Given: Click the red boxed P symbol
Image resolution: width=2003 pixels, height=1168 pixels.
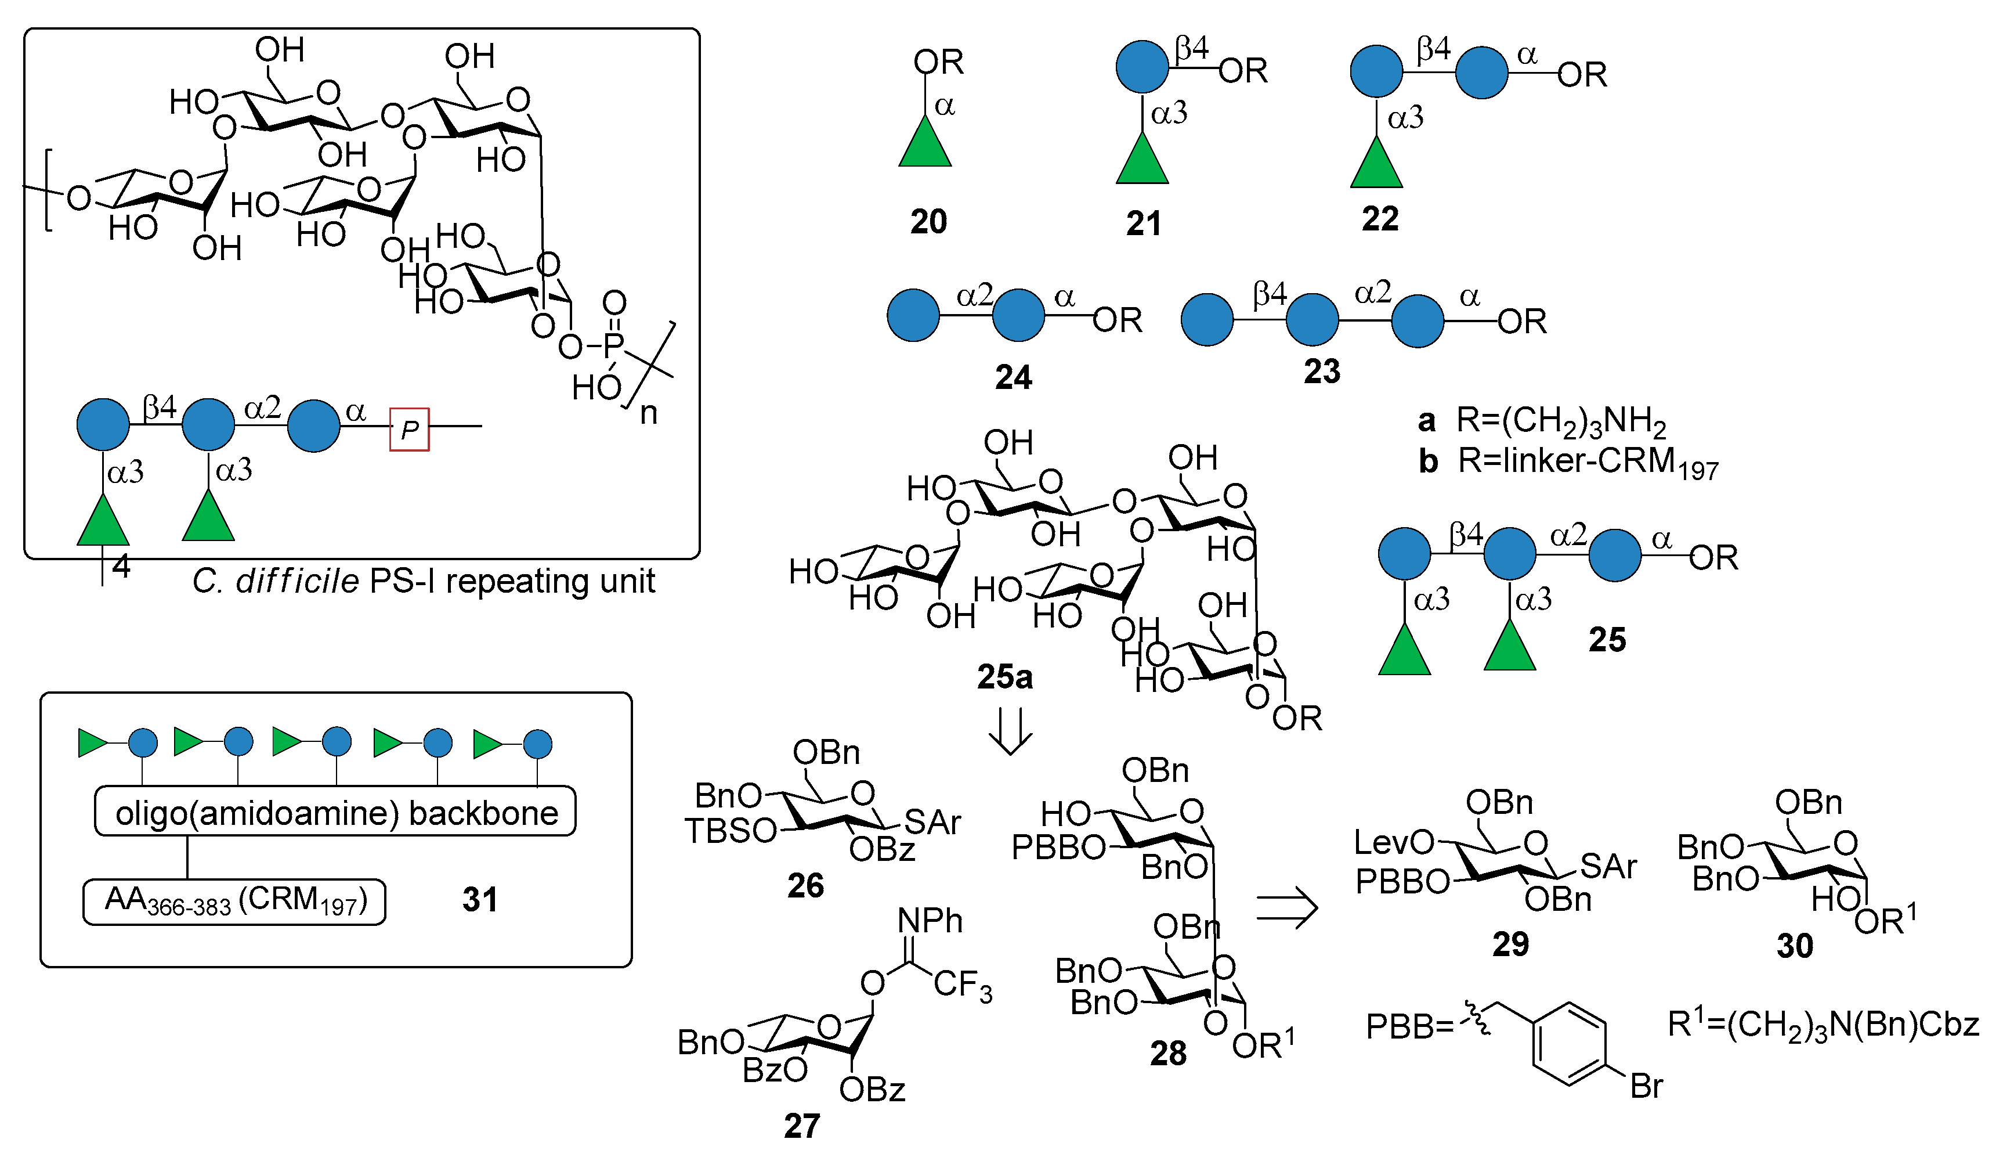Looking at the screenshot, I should pos(408,430).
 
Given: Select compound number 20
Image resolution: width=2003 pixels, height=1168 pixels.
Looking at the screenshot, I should pos(928,222).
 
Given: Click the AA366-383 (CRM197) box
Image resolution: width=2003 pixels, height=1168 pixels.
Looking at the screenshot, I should pos(234,902).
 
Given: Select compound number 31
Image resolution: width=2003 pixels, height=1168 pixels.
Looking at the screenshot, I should pos(479,900).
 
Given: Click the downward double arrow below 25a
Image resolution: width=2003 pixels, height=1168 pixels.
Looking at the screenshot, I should pos(1010,729).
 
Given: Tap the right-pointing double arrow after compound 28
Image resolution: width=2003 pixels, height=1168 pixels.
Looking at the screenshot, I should pos(1286,907).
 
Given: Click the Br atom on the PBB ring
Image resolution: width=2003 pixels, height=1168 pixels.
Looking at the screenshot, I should pos(1646,1086).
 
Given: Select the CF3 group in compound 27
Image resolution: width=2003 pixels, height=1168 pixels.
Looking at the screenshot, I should pos(962,985).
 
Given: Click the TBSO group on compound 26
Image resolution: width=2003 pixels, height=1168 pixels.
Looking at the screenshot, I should pos(730,831).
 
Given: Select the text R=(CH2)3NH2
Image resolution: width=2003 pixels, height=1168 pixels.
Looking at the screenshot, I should pos(1560,421).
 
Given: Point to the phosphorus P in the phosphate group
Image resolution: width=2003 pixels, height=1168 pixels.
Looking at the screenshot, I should pos(613,346).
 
